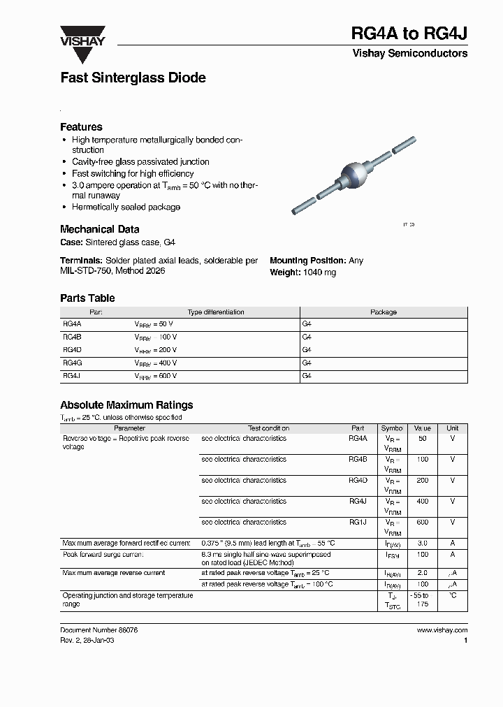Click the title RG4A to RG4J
point(409,34)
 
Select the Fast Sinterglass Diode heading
point(133,78)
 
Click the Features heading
point(81,127)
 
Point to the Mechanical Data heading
point(99,229)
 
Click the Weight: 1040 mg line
point(302,272)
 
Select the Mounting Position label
point(307,261)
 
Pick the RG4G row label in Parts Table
point(72,363)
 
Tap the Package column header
point(383,312)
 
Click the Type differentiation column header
point(216,312)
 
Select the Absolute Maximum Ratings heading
point(126,405)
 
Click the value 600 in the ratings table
point(422,522)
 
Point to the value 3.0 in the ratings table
point(422,543)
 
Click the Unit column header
point(453,428)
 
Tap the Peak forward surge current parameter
point(103,554)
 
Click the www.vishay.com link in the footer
point(442,629)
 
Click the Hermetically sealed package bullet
point(126,207)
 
